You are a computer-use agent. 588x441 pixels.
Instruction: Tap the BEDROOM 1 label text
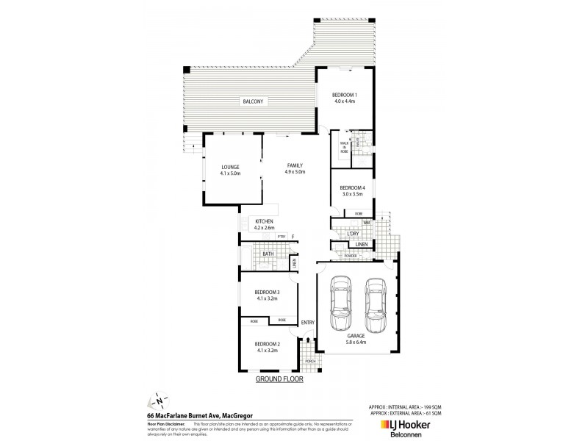[x=344, y=96]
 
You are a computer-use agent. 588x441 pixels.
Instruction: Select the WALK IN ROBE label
[x=344, y=146]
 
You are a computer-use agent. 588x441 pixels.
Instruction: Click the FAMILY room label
[x=295, y=166]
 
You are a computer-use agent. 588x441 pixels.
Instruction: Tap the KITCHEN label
[x=265, y=221]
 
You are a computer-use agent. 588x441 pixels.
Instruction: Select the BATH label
[x=265, y=253]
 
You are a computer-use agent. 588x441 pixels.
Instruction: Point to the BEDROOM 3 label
[x=268, y=294]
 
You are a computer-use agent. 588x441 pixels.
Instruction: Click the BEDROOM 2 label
[x=268, y=344]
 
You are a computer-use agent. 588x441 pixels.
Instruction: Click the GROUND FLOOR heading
[x=279, y=380]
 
